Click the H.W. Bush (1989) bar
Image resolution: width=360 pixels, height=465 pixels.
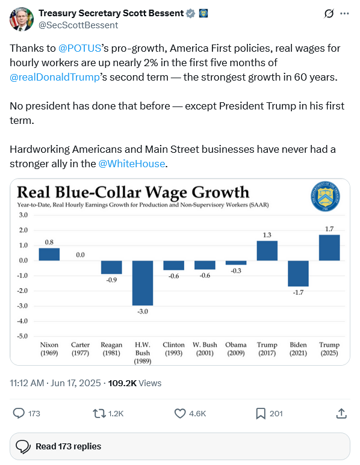(x=143, y=283)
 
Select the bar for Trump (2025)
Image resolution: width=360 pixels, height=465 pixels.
(x=329, y=248)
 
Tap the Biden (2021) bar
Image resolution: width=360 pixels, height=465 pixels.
(x=298, y=274)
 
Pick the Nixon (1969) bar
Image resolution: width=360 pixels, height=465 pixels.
(x=49, y=254)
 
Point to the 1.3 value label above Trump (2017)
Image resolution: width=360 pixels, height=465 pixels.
(x=267, y=235)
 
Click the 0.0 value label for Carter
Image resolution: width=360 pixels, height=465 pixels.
(x=80, y=254)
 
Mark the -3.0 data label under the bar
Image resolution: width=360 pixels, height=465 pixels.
(x=143, y=312)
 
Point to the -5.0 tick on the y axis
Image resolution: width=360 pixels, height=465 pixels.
(x=22, y=336)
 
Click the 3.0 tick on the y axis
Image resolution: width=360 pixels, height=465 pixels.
(x=23, y=215)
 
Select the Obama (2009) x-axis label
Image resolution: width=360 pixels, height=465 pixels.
(x=236, y=349)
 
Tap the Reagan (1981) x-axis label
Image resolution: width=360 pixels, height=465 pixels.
(x=111, y=349)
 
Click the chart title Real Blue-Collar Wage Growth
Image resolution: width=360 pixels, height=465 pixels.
(x=133, y=192)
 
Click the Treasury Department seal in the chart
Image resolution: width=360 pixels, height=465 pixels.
(x=325, y=196)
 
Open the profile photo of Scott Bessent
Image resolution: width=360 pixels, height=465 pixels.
(x=21, y=19)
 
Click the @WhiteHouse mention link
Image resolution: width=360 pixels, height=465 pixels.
(x=131, y=164)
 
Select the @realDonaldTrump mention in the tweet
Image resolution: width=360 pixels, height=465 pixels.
(x=55, y=77)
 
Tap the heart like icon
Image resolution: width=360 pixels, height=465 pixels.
(x=180, y=413)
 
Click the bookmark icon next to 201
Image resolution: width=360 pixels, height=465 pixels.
(x=261, y=413)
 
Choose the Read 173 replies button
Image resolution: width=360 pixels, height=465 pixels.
(x=180, y=446)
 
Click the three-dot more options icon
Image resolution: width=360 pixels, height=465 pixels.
(x=344, y=13)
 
